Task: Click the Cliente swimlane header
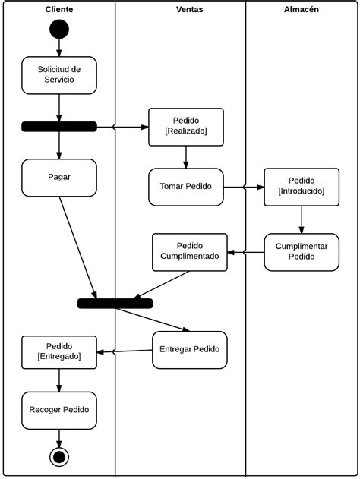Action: point(59,9)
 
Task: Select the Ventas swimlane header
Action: point(189,9)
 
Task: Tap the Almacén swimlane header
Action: point(302,9)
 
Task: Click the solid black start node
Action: point(59,30)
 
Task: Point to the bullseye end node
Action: point(59,457)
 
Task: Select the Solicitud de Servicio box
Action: point(59,75)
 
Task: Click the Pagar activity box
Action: point(59,178)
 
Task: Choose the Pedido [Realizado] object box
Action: point(186,127)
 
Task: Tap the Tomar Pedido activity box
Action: point(186,187)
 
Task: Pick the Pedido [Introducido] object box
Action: point(302,187)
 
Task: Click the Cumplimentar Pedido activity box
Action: point(302,252)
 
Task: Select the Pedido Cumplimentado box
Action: point(190,252)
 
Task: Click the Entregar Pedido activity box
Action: point(190,350)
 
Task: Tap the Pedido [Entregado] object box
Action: point(59,352)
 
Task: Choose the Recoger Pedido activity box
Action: point(59,410)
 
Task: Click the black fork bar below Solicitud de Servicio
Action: point(59,127)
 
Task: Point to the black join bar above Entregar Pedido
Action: point(115,304)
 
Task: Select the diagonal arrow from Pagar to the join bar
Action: point(78,247)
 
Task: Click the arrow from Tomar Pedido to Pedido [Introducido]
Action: point(244,187)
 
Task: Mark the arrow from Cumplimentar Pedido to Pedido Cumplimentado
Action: point(246,252)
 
